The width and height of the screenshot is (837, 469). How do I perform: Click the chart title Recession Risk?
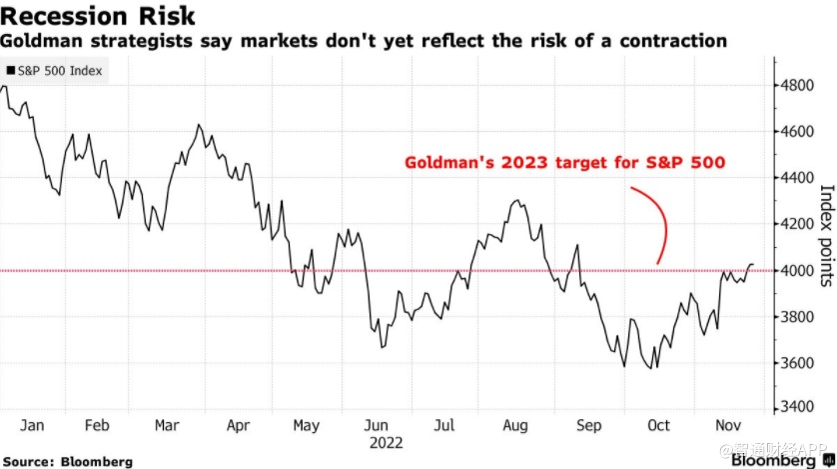[x=98, y=16]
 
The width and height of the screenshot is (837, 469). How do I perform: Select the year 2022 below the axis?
[x=385, y=441]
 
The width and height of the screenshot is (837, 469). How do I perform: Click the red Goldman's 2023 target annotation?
[x=564, y=163]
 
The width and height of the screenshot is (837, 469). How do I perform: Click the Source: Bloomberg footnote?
[x=67, y=461]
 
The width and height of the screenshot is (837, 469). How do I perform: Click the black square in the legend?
[x=11, y=71]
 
